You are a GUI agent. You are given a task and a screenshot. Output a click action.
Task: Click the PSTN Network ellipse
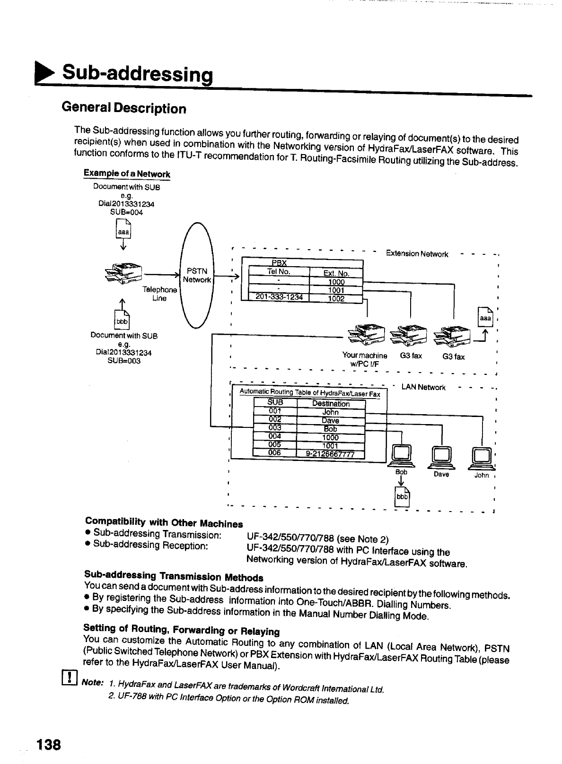coord(197,275)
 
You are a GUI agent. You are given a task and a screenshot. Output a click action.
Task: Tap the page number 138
coord(48,744)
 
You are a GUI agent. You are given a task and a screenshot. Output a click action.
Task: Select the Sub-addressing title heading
coord(138,73)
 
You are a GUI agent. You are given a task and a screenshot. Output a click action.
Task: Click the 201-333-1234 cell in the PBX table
coord(279,297)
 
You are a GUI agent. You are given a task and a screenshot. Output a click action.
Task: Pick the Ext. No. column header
coord(336,273)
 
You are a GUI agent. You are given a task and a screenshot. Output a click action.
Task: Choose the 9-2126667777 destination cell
coord(331,454)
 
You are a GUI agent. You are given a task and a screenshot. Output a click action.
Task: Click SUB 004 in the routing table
coord(275,436)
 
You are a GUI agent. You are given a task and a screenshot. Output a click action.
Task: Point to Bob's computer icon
coord(402,456)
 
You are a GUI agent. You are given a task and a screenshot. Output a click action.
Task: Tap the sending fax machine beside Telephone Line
coord(123,273)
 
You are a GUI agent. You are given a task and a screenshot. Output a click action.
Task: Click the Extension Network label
coord(417,253)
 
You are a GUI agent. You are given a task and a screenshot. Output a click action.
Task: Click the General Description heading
coord(124,108)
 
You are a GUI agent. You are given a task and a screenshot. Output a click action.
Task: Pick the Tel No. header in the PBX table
coord(279,271)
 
